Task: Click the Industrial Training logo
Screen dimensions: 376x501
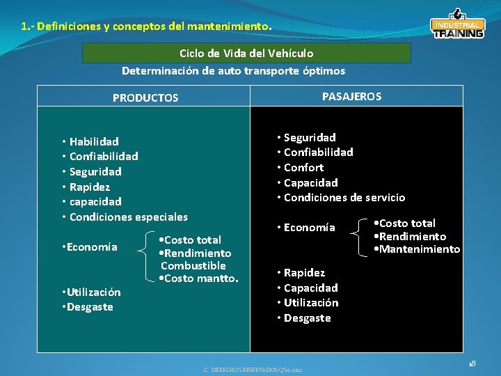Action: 457,25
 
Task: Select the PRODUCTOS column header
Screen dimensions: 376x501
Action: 145,98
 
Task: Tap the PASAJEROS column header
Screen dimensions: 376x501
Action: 351,97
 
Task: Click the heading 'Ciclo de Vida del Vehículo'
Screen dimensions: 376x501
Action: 246,53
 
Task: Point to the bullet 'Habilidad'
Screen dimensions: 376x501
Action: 93,141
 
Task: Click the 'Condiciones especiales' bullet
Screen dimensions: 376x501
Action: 128,217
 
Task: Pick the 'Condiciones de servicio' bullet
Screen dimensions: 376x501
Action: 344,197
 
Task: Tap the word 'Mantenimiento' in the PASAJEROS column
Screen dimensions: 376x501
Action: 420,249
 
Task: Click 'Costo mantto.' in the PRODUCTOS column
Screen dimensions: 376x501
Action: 201,279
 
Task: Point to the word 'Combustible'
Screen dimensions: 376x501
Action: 193,265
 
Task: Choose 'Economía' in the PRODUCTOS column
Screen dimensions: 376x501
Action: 93,247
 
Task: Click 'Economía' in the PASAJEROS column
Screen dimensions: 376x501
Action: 309,228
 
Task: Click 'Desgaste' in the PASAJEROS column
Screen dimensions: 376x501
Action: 307,318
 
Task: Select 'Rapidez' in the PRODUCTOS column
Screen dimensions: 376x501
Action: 90,187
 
